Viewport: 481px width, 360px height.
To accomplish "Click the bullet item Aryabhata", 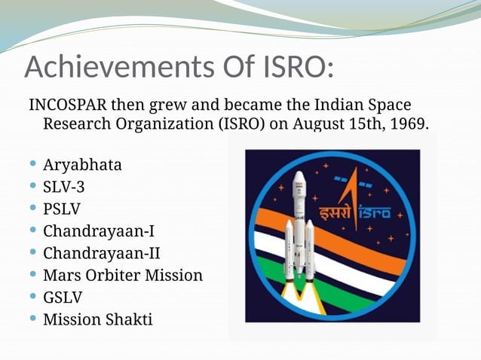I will click(x=82, y=164).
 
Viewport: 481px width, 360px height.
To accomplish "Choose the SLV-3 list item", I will click(x=69, y=186).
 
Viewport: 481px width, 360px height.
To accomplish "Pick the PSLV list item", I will click(x=62, y=209).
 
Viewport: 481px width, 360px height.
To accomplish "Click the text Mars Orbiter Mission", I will click(x=123, y=275).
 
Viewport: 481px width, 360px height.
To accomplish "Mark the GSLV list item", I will click(x=63, y=297).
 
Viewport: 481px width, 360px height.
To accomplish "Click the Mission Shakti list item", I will click(x=97, y=319).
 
